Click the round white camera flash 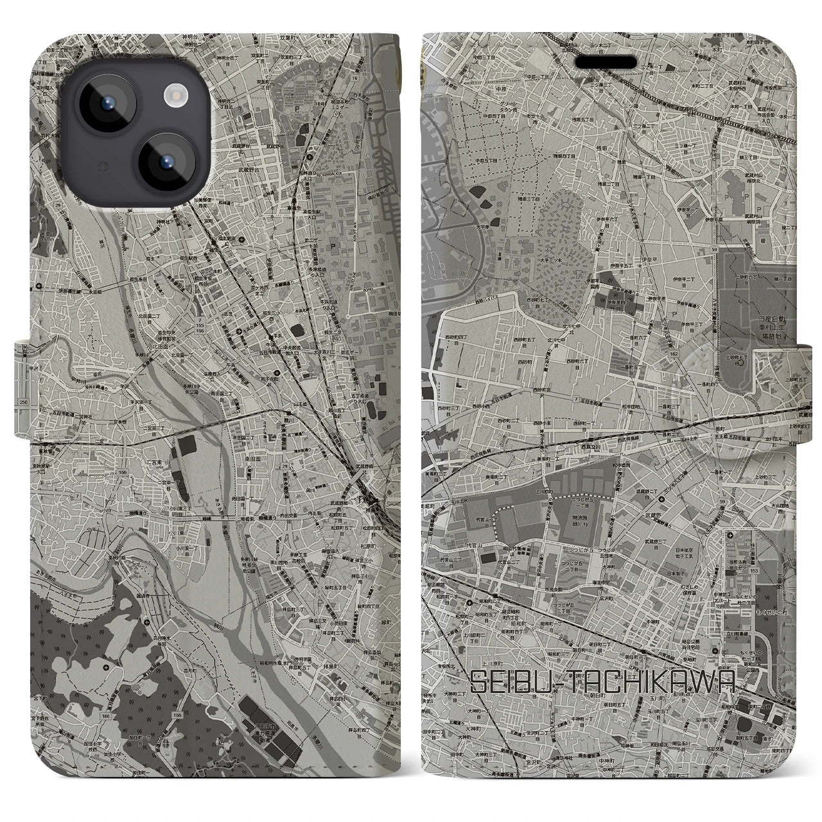[x=175, y=96]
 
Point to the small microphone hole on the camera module [x=101, y=168]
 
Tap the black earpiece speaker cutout [x=610, y=62]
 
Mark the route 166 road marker [x=123, y=472]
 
